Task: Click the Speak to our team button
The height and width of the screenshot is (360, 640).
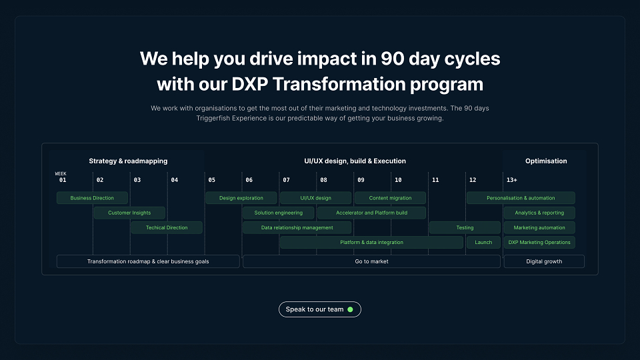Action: [x=319, y=309]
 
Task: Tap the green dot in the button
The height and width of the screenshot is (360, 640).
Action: [x=350, y=309]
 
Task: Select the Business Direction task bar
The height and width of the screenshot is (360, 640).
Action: [x=92, y=198]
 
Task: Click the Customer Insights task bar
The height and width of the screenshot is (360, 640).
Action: [x=129, y=213]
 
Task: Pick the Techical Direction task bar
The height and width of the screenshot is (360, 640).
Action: [x=167, y=227]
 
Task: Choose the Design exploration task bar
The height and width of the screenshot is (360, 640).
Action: [x=241, y=198]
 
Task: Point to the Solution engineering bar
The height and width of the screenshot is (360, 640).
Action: [x=279, y=213]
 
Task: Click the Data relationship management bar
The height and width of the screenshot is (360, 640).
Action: [x=297, y=227]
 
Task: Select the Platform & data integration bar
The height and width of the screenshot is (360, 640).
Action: [x=371, y=242]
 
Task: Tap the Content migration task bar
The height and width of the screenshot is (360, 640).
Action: [x=390, y=198]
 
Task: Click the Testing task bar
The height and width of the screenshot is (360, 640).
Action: [x=465, y=227]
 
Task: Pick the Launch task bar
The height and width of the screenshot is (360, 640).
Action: [x=483, y=242]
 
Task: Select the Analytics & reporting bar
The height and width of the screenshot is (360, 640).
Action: [x=539, y=213]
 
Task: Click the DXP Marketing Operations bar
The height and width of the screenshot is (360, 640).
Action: [x=539, y=242]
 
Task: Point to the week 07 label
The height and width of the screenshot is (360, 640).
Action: [x=286, y=180]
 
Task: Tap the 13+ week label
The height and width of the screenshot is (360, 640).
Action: [x=512, y=180]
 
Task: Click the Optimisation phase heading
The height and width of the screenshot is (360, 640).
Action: [x=546, y=161]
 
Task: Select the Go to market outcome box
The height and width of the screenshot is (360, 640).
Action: [x=371, y=261]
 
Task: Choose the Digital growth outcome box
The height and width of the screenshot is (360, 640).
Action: [x=544, y=261]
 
